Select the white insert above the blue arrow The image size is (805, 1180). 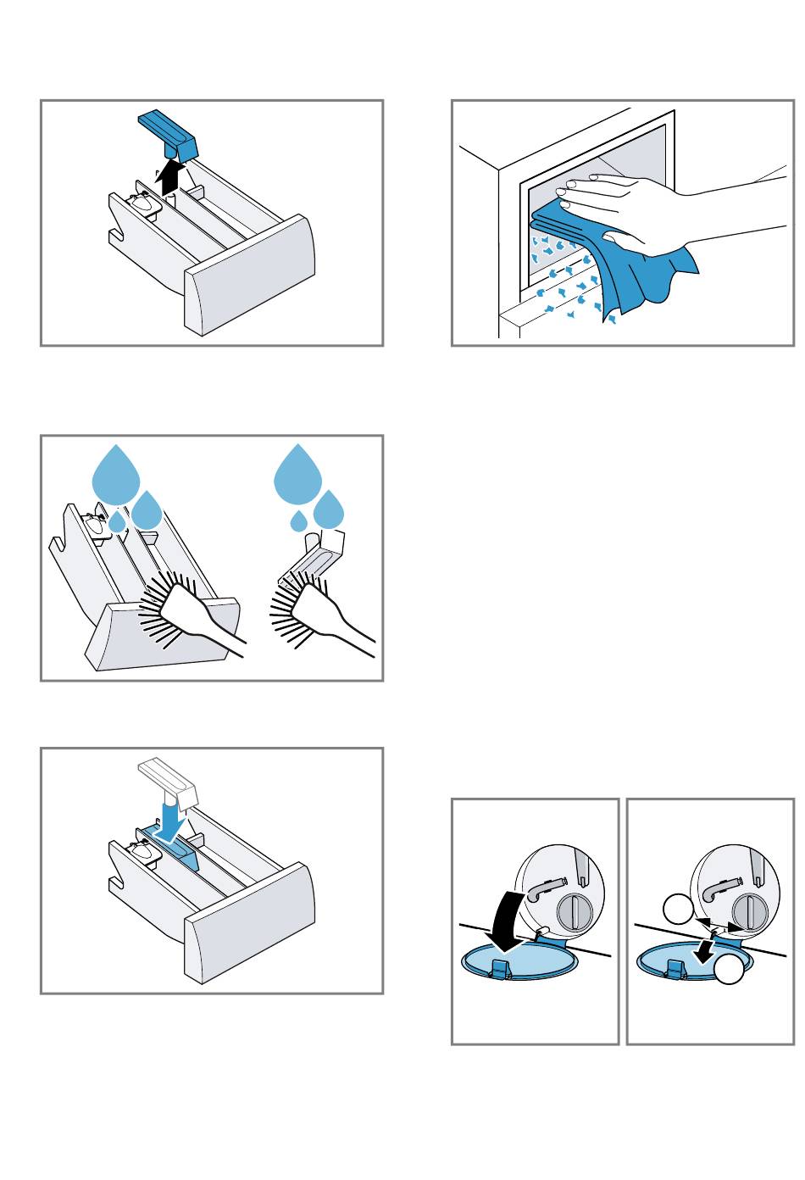click(x=167, y=780)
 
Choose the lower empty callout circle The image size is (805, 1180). click(x=730, y=971)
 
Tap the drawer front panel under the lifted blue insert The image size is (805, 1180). click(x=250, y=276)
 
